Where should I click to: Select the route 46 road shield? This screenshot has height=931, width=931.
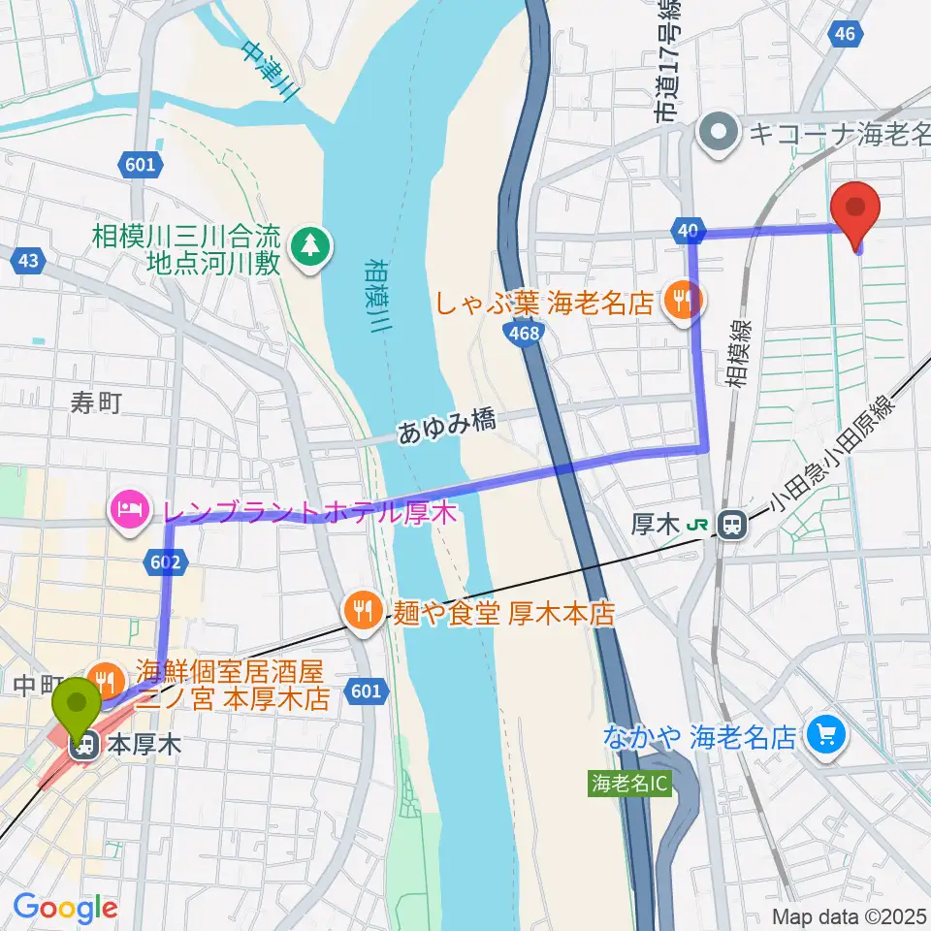(x=844, y=35)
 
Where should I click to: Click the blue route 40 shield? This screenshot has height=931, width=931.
(x=687, y=230)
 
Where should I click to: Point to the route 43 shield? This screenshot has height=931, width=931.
(x=28, y=261)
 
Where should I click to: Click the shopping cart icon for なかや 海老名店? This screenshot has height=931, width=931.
(x=825, y=737)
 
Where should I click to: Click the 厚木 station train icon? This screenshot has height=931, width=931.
(x=733, y=525)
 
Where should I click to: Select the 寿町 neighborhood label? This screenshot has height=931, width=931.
(x=96, y=402)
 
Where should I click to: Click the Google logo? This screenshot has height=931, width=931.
(x=66, y=908)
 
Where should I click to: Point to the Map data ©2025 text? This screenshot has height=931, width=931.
(x=850, y=915)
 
